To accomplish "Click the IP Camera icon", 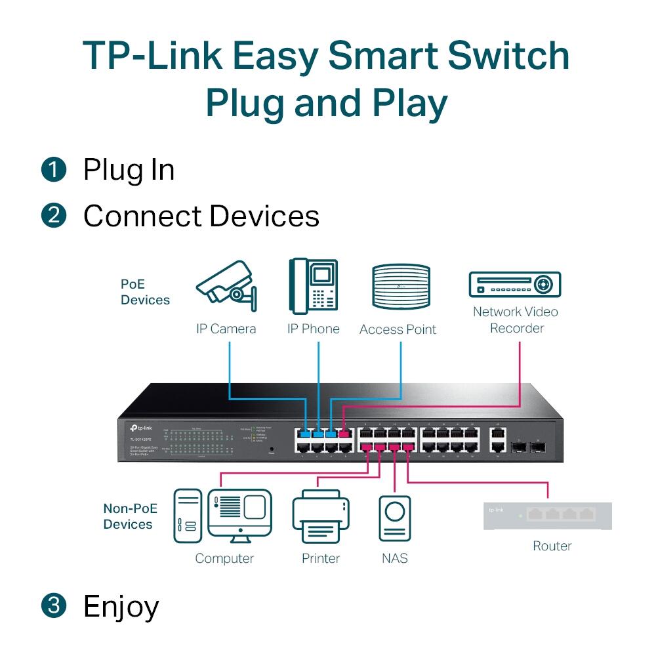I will point(226,286).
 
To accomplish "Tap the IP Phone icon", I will point(314,287).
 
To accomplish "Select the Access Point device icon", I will point(401,287).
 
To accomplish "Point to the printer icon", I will point(321,518).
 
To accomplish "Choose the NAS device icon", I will point(396,518).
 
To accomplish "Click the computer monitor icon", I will point(239,515).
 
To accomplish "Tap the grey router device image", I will point(548,516).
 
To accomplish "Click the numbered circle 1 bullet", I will point(54,170).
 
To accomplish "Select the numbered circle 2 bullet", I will point(54,216).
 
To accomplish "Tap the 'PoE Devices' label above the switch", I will point(145,293).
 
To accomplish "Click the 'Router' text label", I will point(552,546).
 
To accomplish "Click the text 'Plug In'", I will point(129,170).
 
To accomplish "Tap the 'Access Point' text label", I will point(398,330).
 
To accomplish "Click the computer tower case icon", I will point(186,516).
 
